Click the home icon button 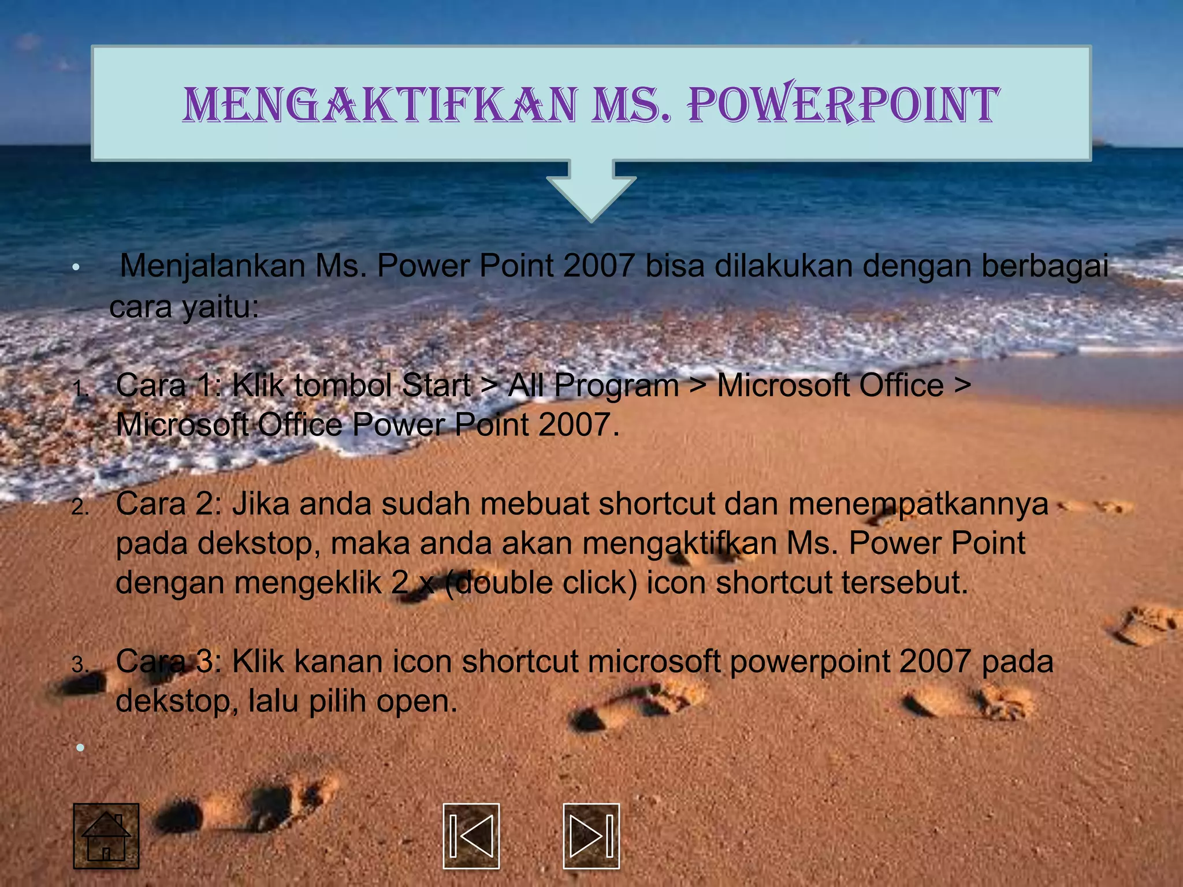click(106, 836)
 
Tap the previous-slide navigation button click(471, 836)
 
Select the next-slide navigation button click(591, 836)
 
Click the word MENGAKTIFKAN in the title click(380, 105)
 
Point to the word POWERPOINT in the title click(843, 105)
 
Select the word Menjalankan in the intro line click(213, 267)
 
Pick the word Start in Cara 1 click(436, 386)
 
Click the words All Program click(593, 386)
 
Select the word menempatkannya click(918, 504)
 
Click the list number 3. click(80, 665)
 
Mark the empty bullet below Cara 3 click(80, 748)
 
